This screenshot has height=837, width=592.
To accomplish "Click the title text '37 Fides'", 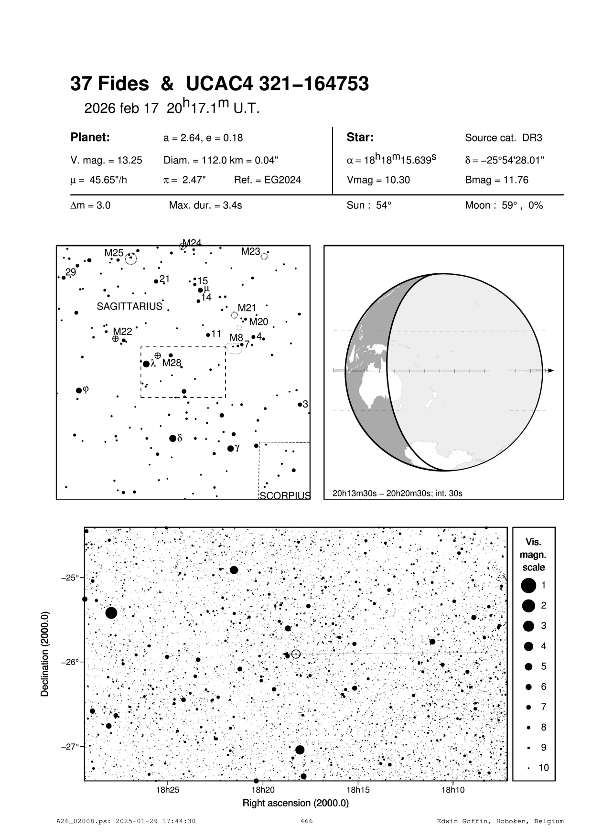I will pos(109,84).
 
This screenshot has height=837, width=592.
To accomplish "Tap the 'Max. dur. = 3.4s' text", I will pos(205,206).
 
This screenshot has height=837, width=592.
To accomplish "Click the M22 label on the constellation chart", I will pos(122,331).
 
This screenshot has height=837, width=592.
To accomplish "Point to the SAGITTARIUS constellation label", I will pos(129,307).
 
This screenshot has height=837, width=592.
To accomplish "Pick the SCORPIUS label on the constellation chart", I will pos(285,495).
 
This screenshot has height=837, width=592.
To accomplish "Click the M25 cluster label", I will pos(114,252).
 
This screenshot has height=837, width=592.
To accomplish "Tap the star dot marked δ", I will pos(173,438).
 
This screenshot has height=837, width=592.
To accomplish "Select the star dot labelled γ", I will pos(231,448).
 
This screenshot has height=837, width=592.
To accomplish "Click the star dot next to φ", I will pos(79,390).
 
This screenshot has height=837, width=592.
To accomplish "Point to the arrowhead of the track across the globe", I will pos(551,370).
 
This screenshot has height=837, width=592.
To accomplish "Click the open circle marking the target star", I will pos(296,654).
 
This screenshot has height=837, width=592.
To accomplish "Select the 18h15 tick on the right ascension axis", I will pos(357,790).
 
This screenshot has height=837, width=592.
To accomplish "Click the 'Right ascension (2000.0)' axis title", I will pos(296,803).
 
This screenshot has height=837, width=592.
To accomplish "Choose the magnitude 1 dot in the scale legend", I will pos(528,585).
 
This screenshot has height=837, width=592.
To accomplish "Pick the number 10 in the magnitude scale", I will pos(544,768).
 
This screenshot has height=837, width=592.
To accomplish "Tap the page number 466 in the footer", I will pos(306,821).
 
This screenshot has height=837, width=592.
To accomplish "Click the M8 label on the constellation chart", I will pos(236,337).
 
